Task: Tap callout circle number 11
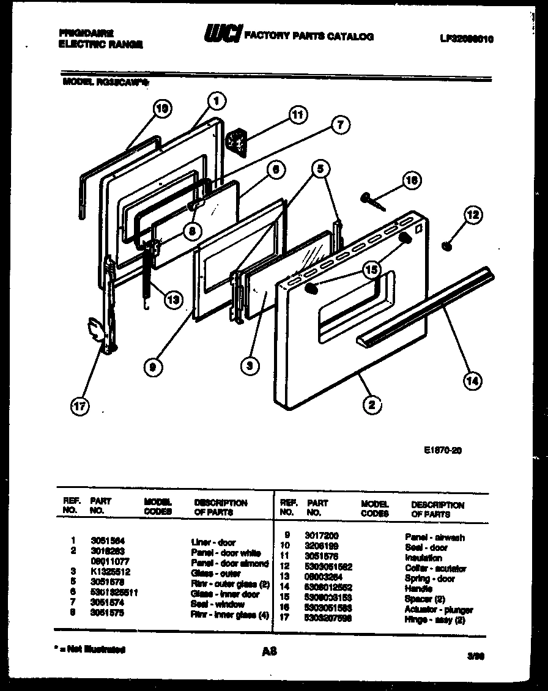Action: tap(297, 115)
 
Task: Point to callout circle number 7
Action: tap(340, 125)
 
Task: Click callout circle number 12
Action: tap(473, 215)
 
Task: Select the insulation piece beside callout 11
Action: tap(234, 142)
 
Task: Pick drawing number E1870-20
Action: tap(442, 449)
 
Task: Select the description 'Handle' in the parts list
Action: tap(418, 589)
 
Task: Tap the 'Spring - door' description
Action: tap(430, 578)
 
